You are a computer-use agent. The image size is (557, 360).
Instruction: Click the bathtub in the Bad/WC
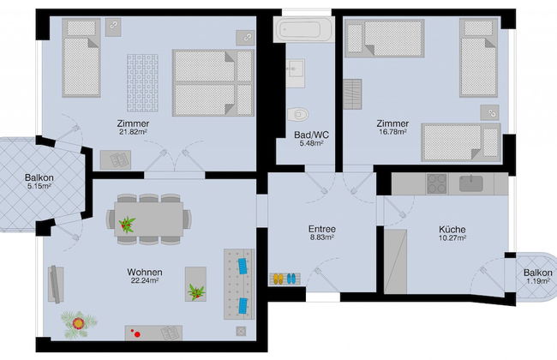pyautogui.click(x=303, y=29)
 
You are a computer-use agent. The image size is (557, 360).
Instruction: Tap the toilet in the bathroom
pyautogui.click(x=297, y=115)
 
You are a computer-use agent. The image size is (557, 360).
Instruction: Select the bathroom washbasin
pyautogui.click(x=295, y=73)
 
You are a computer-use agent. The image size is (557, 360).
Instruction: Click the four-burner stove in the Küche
pyautogui.click(x=436, y=183)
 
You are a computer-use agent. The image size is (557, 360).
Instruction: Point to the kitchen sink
pyautogui.click(x=470, y=183)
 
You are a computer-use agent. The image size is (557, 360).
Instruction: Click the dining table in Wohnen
pyautogui.click(x=149, y=219)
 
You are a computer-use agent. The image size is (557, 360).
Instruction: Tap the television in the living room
pyautogui.click(x=56, y=285)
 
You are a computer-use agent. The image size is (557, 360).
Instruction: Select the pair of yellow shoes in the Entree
pyautogui.click(x=278, y=279)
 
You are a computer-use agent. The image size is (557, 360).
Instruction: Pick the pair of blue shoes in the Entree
pyautogui.click(x=291, y=279)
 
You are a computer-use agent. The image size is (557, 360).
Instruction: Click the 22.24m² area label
pyautogui.click(x=145, y=281)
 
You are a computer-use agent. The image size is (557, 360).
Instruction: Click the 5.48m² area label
pyautogui.click(x=311, y=143)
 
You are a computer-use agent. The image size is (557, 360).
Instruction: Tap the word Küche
pyautogui.click(x=452, y=229)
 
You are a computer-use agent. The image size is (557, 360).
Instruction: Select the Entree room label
pyautogui.click(x=322, y=229)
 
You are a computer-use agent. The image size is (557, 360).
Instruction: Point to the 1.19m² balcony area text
pyautogui.click(x=538, y=282)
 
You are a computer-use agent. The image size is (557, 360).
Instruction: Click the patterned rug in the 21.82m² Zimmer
pyautogui.click(x=142, y=83)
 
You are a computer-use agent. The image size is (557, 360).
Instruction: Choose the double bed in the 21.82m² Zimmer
pyautogui.click(x=213, y=83)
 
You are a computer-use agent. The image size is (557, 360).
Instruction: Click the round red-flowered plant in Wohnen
pyautogui.click(x=78, y=324)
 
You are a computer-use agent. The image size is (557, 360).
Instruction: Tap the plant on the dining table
pyautogui.click(x=127, y=225)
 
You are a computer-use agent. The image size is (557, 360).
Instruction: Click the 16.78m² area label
pyautogui.click(x=392, y=132)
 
